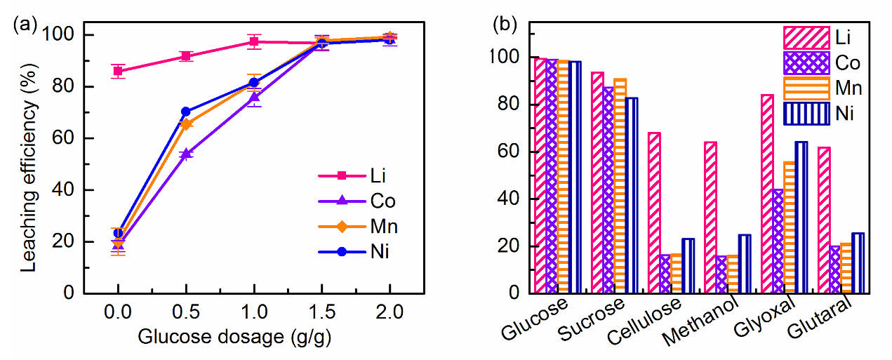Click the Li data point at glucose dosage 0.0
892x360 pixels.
coord(118,71)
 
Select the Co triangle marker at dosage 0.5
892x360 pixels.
coord(186,154)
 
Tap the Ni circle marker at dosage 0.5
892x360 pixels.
coord(186,112)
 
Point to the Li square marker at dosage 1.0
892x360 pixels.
coord(253,42)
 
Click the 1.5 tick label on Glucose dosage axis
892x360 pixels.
coord(321,310)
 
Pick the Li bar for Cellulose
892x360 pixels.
coord(654,212)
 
